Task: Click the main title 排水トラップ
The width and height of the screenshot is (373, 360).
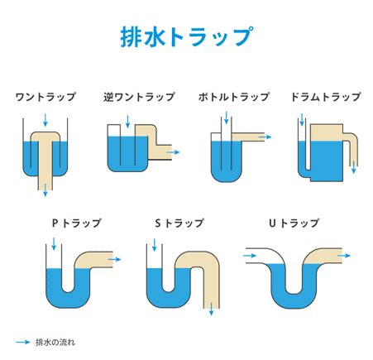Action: point(187,36)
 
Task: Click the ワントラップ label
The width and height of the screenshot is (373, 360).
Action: point(45,97)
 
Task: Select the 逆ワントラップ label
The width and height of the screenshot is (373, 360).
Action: point(139,97)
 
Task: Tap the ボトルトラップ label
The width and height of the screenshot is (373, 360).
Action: point(233,97)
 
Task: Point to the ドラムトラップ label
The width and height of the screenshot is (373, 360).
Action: point(326,97)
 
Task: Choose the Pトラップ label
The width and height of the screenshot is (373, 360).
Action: point(77,223)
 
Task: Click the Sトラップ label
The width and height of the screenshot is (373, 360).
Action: point(179,223)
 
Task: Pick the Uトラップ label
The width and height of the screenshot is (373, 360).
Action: point(294,223)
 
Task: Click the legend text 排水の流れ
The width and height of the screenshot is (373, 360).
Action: point(55,343)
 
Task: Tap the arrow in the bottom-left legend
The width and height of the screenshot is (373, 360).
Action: point(23,343)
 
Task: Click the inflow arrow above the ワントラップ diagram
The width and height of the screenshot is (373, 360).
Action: point(45,120)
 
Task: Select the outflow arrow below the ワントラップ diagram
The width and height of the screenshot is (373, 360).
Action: point(45,190)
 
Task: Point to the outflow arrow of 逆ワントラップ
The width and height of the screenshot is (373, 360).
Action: point(173,152)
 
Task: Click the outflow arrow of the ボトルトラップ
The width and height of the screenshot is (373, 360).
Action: point(265,137)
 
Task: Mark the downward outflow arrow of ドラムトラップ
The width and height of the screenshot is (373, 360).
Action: point(354,167)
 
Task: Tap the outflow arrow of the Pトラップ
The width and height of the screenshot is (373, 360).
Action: point(114,259)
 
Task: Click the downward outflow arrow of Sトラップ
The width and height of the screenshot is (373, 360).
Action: point(212,309)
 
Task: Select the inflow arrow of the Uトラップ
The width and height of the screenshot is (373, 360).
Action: point(250,256)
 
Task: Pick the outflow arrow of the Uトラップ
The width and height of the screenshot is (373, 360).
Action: point(344,256)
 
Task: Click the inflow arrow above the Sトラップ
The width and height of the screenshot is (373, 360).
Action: point(155,245)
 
